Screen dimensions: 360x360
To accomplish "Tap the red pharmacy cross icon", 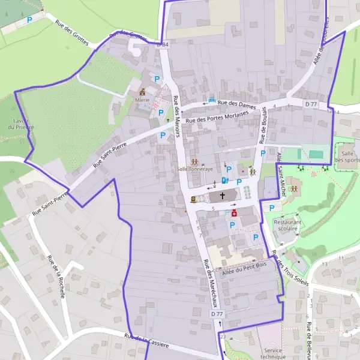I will (235, 213).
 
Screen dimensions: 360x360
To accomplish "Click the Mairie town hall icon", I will (143, 92).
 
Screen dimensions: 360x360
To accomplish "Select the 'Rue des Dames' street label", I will (236, 104).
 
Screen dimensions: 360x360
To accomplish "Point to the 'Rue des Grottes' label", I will (72, 34).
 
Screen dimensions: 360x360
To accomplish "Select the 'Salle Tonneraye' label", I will (194, 169).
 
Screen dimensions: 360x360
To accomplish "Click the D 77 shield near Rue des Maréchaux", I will (217, 314).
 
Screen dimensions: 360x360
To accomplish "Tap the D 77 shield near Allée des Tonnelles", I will (310, 104).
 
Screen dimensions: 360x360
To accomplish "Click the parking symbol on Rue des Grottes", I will (29, 20).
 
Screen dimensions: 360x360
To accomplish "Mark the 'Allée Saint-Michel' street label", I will (281, 175).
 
